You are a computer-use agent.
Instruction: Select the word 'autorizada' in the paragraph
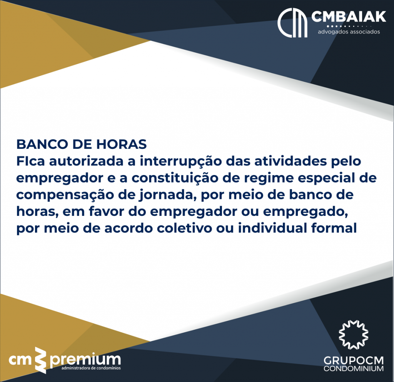click(x=86, y=161)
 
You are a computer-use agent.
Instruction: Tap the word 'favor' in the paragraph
click(x=107, y=212)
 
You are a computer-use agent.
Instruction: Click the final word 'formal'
click(x=334, y=228)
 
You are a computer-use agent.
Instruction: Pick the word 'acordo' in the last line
click(x=129, y=228)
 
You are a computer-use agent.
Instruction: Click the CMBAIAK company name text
click(x=349, y=17)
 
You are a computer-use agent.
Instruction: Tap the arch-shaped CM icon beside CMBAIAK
click(x=292, y=23)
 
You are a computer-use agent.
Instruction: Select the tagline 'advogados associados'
click(x=349, y=32)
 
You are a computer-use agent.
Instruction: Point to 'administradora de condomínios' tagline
click(x=91, y=368)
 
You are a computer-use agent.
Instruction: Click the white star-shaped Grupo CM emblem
click(x=354, y=335)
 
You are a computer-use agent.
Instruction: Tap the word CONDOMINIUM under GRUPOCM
click(x=354, y=369)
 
